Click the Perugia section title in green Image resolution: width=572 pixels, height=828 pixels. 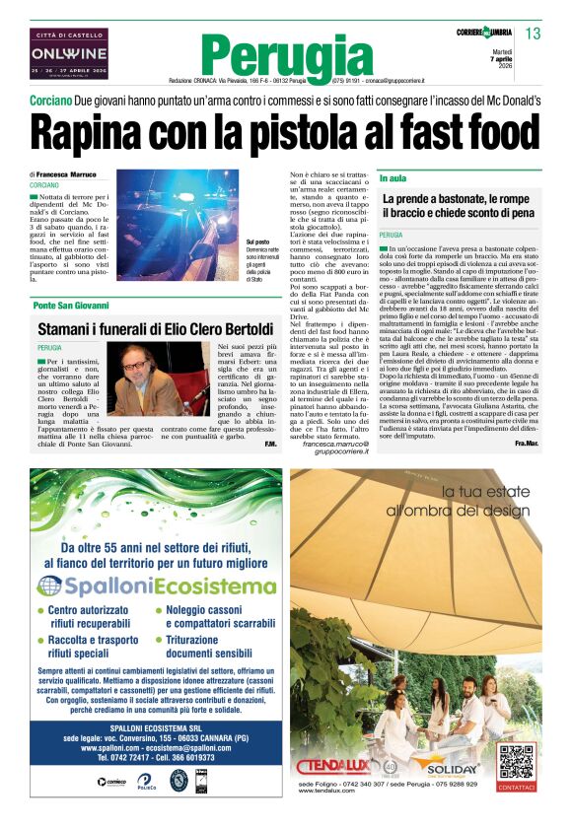(x=286, y=55)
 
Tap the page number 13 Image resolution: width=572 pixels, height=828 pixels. (x=533, y=34)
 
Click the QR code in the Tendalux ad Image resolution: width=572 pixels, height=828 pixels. (x=517, y=762)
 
